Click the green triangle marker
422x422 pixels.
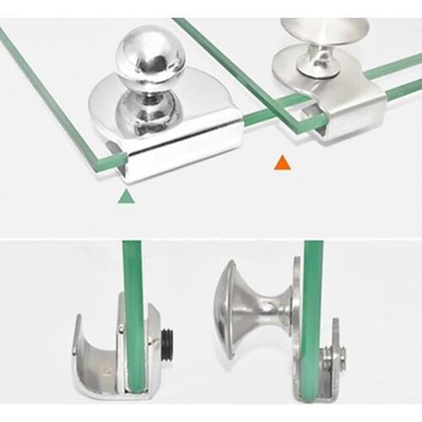[126, 197]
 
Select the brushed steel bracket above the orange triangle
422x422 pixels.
[354, 101]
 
